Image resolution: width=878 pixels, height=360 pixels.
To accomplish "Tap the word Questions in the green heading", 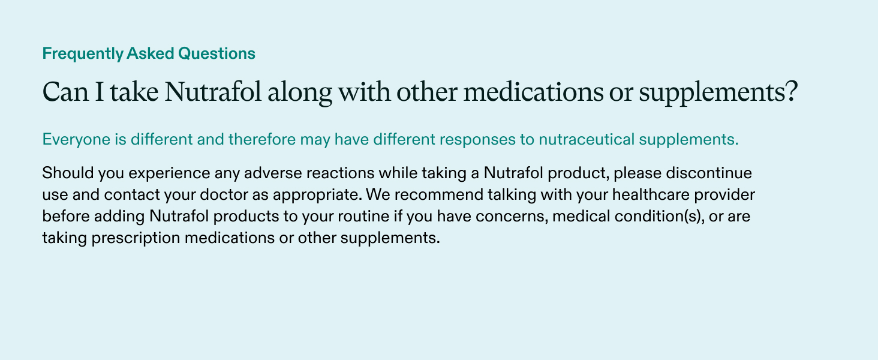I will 218,53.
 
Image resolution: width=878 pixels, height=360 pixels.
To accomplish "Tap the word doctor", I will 200,195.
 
